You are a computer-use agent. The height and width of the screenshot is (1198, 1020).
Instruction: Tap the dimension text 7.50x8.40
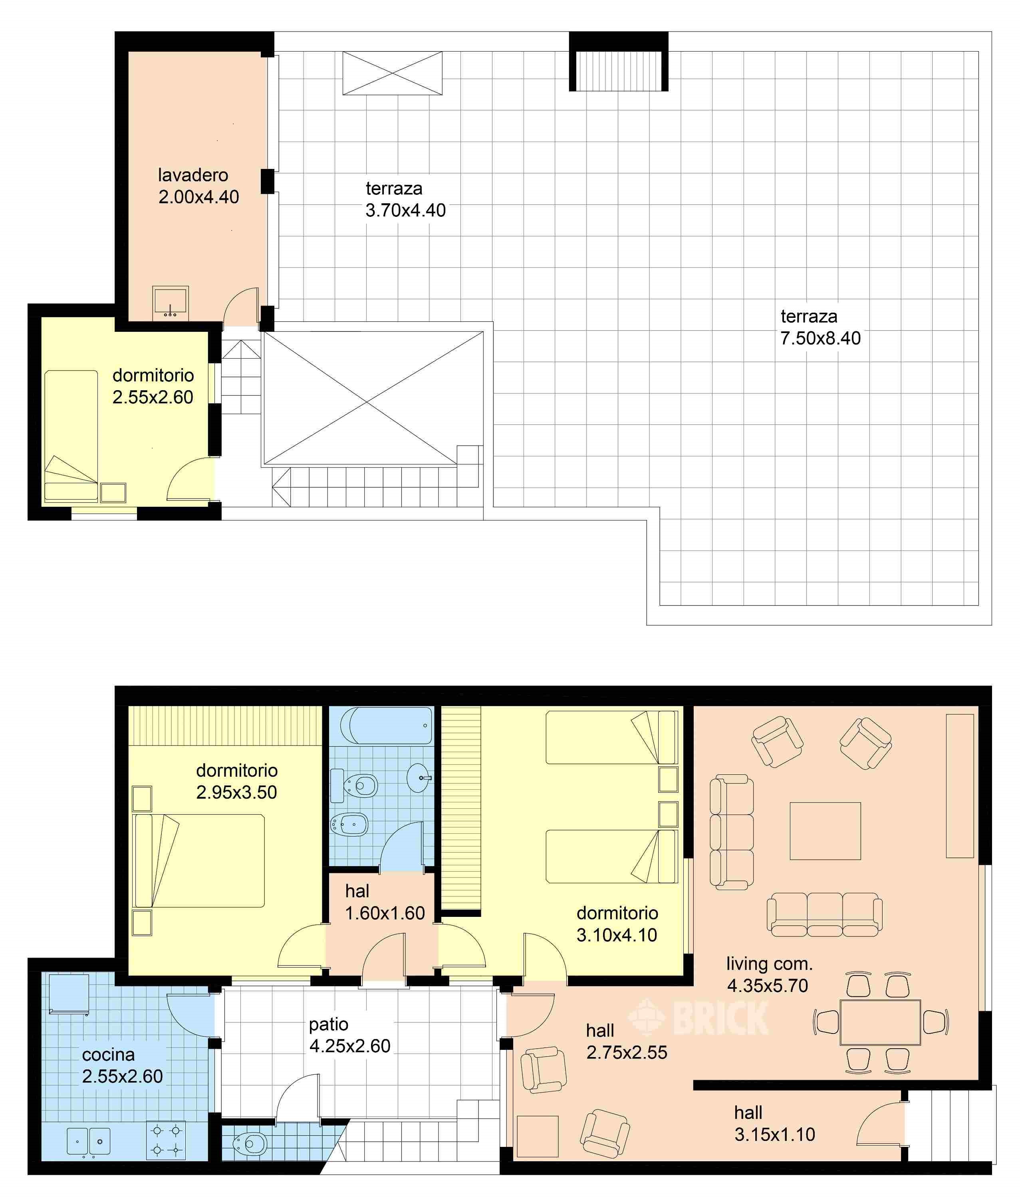820,338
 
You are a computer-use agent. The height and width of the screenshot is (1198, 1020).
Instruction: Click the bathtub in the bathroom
386,726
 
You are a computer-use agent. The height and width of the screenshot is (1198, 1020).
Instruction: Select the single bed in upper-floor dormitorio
71,435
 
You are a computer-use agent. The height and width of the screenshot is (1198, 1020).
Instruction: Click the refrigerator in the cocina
69,994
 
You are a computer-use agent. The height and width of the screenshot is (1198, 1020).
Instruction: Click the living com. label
769,964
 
